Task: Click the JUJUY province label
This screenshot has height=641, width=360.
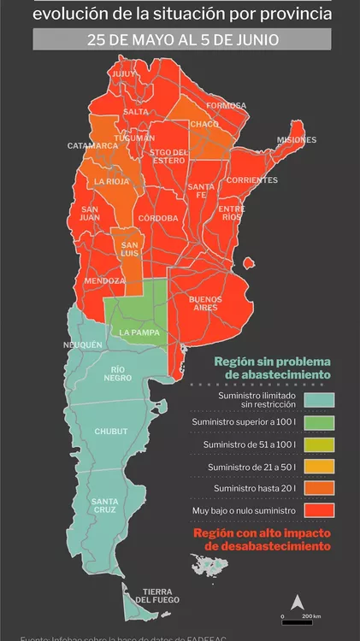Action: point(124,74)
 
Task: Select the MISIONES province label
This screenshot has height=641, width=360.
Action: point(297,139)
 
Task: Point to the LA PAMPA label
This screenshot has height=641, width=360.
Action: point(137,332)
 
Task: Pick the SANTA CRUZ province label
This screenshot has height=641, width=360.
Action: point(105,505)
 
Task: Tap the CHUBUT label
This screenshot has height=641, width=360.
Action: point(110,432)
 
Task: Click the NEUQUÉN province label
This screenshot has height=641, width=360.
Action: point(83,344)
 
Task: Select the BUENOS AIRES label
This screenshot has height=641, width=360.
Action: point(205,303)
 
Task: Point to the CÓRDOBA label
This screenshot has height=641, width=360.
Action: point(158,218)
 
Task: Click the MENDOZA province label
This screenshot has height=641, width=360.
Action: point(104,281)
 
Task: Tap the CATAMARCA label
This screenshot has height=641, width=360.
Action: point(93,146)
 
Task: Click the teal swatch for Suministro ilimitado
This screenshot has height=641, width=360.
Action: point(319,400)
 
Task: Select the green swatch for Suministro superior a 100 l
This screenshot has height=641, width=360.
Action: point(319,422)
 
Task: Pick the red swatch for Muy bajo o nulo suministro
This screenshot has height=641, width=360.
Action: point(319,511)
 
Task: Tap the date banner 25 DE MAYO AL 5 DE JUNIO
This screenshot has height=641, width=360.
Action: point(180,39)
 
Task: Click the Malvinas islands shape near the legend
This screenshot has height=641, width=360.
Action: point(211,565)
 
